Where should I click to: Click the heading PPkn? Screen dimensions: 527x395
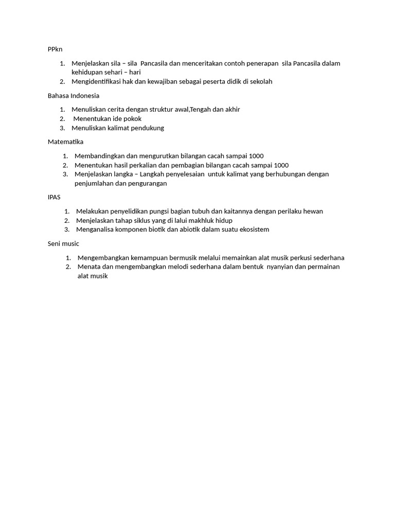(x=55, y=49)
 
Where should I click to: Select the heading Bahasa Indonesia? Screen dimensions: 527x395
(x=74, y=96)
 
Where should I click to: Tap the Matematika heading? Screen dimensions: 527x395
(x=65, y=142)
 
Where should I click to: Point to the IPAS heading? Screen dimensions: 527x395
(x=54, y=197)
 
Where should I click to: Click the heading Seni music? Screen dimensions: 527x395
(x=63, y=243)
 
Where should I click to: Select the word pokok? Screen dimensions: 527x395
(x=132, y=119)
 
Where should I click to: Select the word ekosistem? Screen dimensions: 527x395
(x=252, y=230)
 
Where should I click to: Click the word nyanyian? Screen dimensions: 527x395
(x=282, y=267)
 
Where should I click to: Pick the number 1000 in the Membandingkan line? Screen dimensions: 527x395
(x=256, y=156)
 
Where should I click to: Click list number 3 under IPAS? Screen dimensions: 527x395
(x=67, y=230)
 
